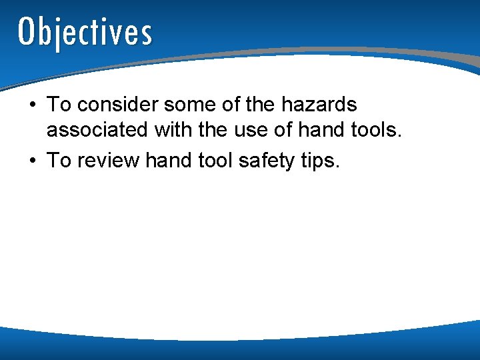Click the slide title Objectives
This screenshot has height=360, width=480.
pyautogui.click(x=85, y=32)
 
